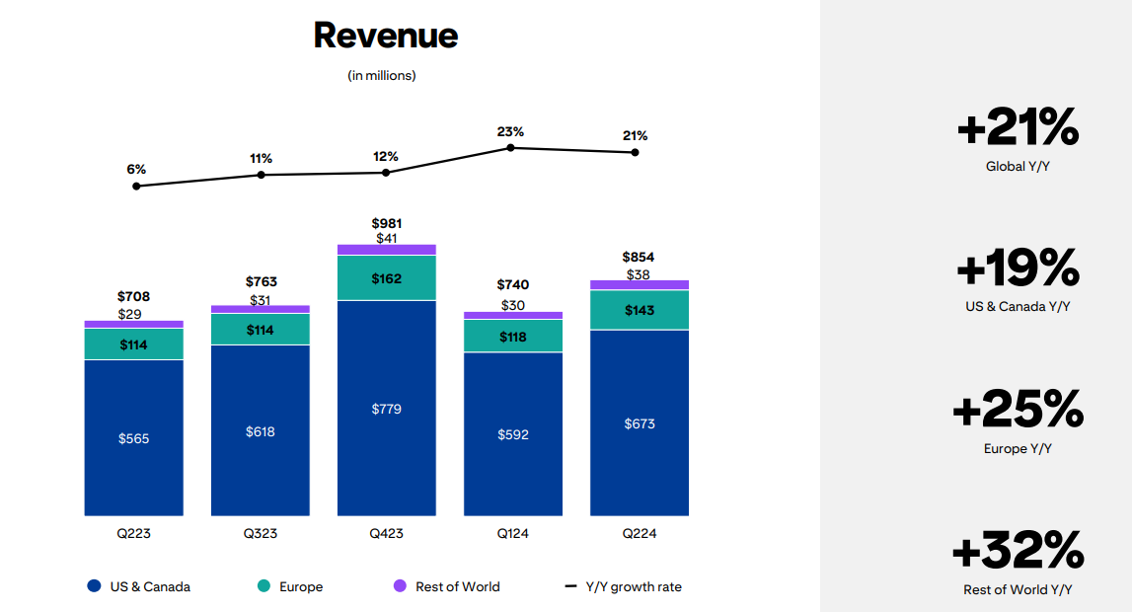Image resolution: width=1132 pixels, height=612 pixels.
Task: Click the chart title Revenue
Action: click(386, 36)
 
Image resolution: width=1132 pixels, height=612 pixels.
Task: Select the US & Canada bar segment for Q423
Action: click(386, 408)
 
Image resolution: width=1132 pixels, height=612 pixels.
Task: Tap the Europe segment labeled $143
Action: click(639, 310)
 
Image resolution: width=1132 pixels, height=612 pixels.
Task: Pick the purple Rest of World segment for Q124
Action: click(513, 316)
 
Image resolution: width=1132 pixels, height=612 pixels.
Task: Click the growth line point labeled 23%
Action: click(510, 147)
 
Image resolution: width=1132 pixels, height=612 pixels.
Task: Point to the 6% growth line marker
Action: click(136, 186)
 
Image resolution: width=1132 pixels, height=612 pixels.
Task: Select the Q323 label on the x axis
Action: click(261, 533)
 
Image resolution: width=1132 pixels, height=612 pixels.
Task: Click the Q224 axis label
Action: click(639, 533)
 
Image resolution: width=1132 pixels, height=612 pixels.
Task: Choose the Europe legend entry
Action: click(290, 586)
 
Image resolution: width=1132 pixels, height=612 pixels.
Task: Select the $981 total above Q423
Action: click(386, 223)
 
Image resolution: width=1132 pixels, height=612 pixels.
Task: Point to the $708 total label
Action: click(133, 296)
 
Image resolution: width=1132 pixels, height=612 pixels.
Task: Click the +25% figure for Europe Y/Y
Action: click(1018, 409)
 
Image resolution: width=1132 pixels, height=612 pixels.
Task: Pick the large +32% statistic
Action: click(1018, 550)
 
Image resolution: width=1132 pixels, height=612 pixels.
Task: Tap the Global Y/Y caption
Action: click(1018, 167)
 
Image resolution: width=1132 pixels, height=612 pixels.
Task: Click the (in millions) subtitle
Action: click(382, 76)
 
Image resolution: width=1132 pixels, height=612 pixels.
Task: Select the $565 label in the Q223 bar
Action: click(133, 438)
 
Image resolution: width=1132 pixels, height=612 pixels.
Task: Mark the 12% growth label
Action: click(386, 156)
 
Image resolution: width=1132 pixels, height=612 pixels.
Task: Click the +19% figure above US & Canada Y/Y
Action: click(1018, 268)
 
